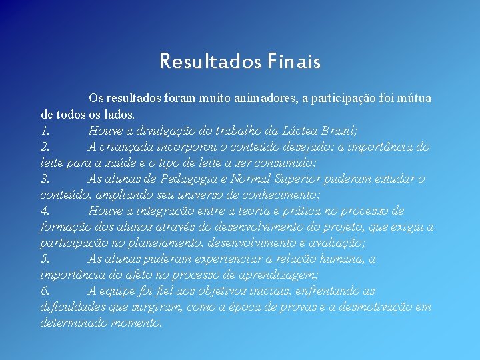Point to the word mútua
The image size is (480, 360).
point(415,99)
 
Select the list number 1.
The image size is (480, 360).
point(45,131)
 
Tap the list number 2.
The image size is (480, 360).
point(45,147)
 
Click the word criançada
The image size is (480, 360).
point(127,147)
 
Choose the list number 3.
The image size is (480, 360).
point(45,179)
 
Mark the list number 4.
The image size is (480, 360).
point(45,211)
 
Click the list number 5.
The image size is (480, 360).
point(45,259)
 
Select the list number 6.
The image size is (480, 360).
point(45,291)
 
